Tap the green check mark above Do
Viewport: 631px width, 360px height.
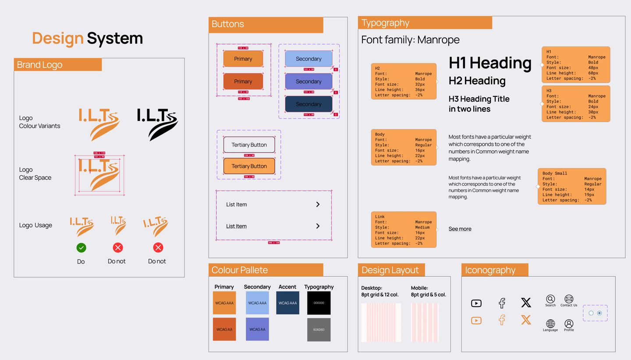point(81,248)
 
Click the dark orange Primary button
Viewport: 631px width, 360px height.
point(243,81)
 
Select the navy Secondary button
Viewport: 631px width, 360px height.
point(308,104)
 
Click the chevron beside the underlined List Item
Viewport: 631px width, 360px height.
point(318,226)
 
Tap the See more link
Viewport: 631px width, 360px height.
point(460,229)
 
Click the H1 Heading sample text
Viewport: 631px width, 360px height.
point(490,63)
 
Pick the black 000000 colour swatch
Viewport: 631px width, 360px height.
point(319,303)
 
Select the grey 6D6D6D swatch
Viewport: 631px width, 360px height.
point(319,329)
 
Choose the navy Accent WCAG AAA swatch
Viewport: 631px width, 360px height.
point(287,303)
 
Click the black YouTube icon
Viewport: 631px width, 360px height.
point(476,303)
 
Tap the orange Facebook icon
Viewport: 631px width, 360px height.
point(502,320)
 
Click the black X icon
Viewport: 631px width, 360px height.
point(526,303)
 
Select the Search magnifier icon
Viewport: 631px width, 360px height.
point(550,299)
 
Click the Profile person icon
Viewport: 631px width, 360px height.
point(569,324)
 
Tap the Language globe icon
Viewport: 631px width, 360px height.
point(550,324)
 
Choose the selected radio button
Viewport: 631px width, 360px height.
point(599,313)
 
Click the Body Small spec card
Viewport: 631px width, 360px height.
point(572,187)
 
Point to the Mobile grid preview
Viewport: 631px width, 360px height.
point(425,323)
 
